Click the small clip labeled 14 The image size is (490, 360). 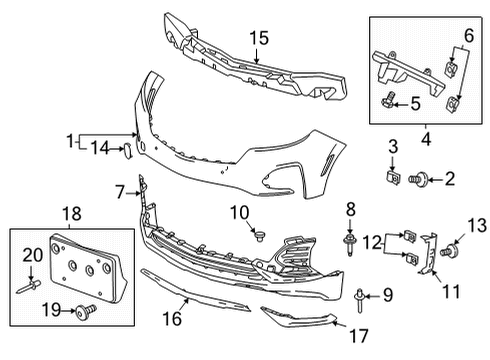127,150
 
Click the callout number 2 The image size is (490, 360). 450,179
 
